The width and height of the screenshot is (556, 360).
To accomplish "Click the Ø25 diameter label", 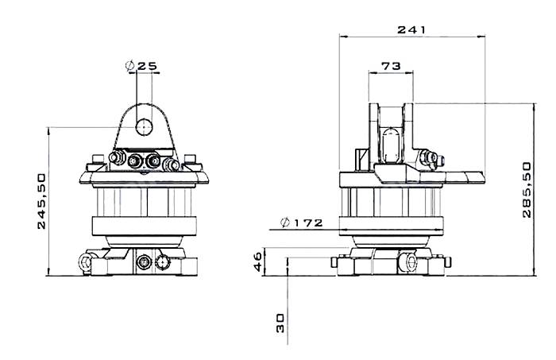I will (142, 67).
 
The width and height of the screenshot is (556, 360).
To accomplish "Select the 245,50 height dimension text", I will (41, 202).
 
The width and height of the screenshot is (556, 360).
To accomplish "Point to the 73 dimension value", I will (390, 67).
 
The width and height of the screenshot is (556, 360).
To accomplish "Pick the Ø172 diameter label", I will (301, 223).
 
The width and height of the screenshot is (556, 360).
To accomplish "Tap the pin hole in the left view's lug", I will (144, 126).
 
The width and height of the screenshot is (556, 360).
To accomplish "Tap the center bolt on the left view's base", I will (144, 261).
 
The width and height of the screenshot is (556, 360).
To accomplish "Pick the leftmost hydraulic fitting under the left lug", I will (118, 161).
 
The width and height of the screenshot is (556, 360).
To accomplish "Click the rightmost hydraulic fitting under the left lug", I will (171, 165).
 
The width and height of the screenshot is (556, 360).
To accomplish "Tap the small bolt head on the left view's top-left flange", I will (96, 165).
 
